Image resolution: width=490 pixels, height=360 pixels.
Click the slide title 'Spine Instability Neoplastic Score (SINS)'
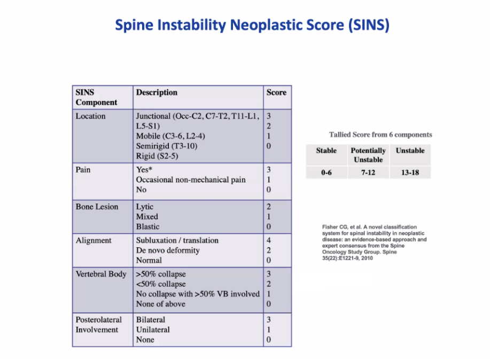pos(252,25)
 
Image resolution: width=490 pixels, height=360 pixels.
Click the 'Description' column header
pos(157,92)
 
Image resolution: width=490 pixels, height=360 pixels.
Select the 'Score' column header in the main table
pos(276,92)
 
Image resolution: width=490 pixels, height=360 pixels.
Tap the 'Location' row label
pos(91,116)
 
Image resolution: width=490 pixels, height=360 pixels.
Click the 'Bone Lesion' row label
pos(97,207)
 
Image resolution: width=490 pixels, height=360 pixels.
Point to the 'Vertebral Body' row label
pos(101,274)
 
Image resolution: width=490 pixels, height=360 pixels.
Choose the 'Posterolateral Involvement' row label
pos(98,325)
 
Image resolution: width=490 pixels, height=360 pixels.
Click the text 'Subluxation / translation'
pos(177,240)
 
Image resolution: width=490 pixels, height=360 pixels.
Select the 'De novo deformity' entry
pos(168,251)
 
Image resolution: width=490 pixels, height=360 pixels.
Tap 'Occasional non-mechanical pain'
pos(191,180)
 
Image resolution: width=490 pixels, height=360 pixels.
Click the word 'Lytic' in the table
pos(145,207)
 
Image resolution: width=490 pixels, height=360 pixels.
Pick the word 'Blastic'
pos(147,226)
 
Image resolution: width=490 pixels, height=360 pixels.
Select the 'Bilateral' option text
pos(151,320)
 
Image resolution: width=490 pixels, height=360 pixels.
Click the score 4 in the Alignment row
pos(269,240)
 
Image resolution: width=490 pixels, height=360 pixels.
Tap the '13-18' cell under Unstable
pos(410,173)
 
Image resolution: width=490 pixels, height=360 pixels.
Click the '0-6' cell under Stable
pos(326,173)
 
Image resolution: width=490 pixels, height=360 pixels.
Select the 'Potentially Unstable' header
pos(368,155)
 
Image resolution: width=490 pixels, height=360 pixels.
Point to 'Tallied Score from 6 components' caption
pos(380,135)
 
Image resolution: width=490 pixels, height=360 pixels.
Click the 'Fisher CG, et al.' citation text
pos(374,242)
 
